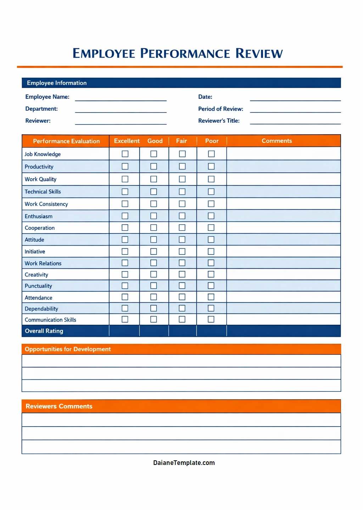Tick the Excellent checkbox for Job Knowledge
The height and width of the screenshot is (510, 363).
[x=125, y=154]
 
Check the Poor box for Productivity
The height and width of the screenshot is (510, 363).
[x=211, y=166]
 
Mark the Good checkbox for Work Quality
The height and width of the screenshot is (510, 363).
[x=153, y=179]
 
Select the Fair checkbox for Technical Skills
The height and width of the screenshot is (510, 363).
[x=182, y=192]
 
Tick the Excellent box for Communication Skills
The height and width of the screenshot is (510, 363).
[x=125, y=319]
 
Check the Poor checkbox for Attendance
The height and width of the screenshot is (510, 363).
[x=211, y=297]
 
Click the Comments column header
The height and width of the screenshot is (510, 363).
[x=277, y=141]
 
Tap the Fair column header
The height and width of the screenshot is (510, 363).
[x=181, y=141]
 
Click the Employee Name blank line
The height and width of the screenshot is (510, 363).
[x=121, y=98]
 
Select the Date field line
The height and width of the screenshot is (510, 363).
[x=295, y=98]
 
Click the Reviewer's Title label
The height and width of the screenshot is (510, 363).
[x=219, y=121]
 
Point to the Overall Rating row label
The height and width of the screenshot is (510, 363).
[x=44, y=331]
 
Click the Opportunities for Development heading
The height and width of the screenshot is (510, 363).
[x=68, y=349]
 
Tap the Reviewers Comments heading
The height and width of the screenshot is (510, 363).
[x=59, y=406]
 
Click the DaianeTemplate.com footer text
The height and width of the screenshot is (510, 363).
[x=184, y=463]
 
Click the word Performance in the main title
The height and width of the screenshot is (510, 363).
[x=185, y=54]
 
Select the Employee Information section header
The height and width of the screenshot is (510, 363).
[x=57, y=83]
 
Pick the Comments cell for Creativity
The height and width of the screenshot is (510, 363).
[x=283, y=274]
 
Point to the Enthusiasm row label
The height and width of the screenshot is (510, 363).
[x=39, y=216]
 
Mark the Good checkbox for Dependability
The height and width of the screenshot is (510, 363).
[x=153, y=308]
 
